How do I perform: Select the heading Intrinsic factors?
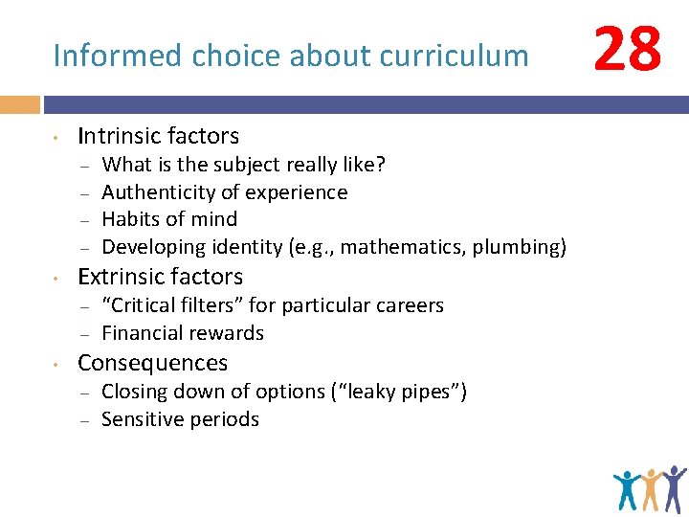tap(158, 136)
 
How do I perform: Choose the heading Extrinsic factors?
tap(160, 277)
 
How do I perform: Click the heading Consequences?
tap(152, 363)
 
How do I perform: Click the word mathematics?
tap(400, 247)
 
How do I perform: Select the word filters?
tap(217, 305)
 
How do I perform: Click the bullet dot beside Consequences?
tap(57, 365)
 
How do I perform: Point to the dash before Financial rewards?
tap(84, 334)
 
